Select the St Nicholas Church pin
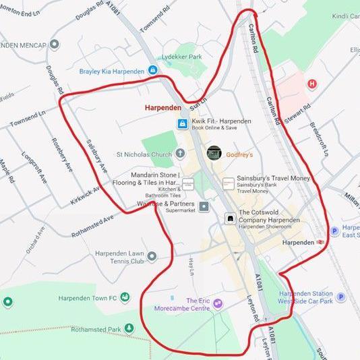(x=181, y=154)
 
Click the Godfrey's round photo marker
(x=214, y=153)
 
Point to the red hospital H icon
(x=311, y=84)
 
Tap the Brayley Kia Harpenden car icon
(x=154, y=70)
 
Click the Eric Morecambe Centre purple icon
(x=217, y=304)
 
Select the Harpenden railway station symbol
(x=321, y=242)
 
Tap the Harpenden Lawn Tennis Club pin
(x=152, y=256)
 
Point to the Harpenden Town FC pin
(x=8, y=301)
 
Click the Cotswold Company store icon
(x=229, y=218)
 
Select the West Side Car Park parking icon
(x=340, y=297)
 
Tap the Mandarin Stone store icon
(x=188, y=183)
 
